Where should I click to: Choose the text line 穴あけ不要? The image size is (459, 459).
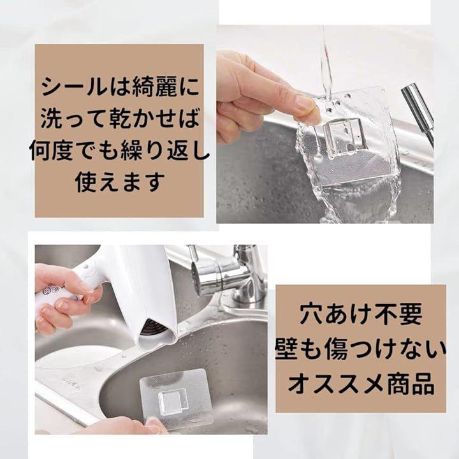tap(361, 314)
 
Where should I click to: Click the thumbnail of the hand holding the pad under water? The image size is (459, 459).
tap(325, 124)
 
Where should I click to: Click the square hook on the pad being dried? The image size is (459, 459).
tap(173, 400)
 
